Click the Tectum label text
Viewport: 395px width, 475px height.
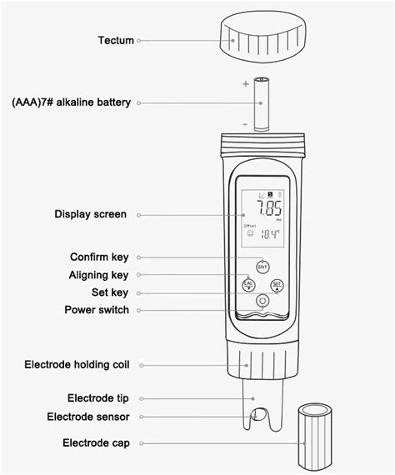tap(116, 40)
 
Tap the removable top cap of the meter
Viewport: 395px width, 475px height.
tap(262, 39)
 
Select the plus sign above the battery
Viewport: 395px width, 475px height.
tap(246, 84)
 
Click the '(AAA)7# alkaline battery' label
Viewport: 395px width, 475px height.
tap(72, 102)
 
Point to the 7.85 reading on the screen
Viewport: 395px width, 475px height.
tap(267, 207)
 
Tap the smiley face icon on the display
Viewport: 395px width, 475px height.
tap(248, 235)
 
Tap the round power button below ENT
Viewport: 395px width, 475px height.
tap(262, 301)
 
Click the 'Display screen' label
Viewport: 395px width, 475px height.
tap(91, 214)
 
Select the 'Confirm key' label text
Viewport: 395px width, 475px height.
tap(99, 257)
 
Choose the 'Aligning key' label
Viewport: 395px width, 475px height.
tap(98, 274)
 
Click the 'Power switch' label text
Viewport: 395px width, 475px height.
tap(97, 310)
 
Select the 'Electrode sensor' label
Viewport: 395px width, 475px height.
tap(87, 417)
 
